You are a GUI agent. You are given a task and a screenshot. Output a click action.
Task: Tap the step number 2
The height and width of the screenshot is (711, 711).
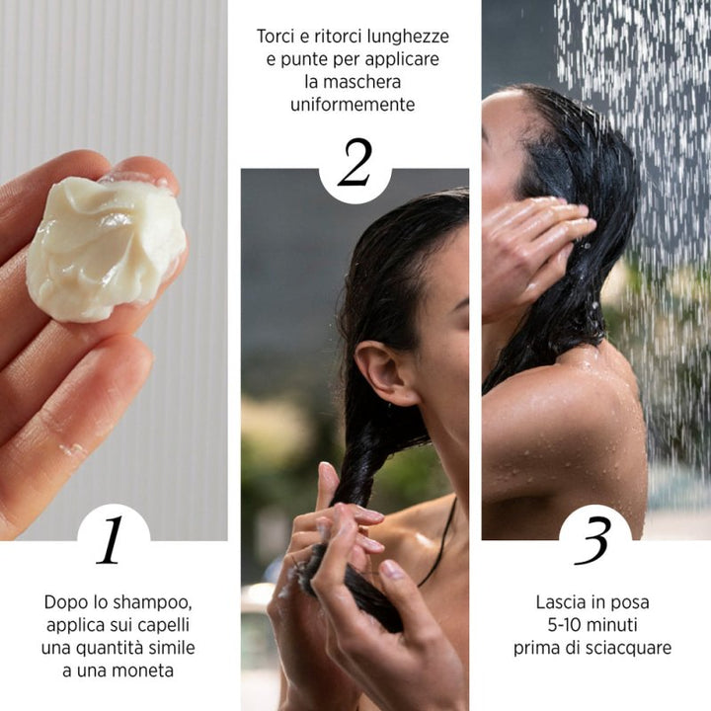[x=354, y=164]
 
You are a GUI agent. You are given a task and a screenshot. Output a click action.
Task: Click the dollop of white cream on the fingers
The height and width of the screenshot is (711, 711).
[x=105, y=247]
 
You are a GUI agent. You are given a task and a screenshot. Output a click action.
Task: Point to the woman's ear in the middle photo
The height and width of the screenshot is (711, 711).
[x=380, y=372]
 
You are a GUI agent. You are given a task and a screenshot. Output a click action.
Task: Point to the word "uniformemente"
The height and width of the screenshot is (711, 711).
[x=353, y=104]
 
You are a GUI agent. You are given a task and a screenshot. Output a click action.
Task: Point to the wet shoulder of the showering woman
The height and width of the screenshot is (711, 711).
[x=553, y=415]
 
